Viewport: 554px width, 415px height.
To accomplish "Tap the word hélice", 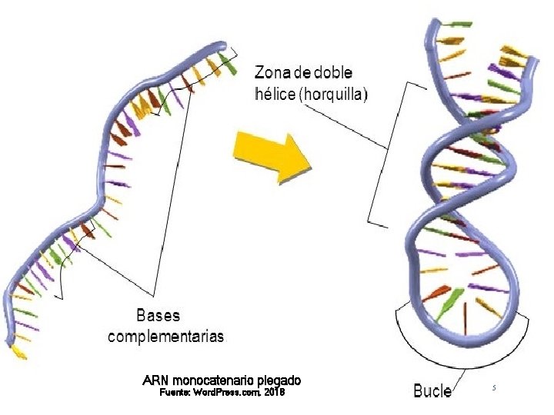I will point(275,95).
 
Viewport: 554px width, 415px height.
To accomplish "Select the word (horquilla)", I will point(335,95).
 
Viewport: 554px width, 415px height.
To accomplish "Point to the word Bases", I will point(159,315).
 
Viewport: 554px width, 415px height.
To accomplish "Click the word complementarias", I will point(166,336).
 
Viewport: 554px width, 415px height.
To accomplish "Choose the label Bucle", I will point(432,391).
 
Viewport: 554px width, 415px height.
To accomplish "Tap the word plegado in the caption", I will point(279,380).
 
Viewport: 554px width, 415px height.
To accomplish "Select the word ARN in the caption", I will point(156,380).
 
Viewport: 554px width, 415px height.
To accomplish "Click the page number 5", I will point(494,389).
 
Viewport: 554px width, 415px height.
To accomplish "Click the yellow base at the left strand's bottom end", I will point(18,354).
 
